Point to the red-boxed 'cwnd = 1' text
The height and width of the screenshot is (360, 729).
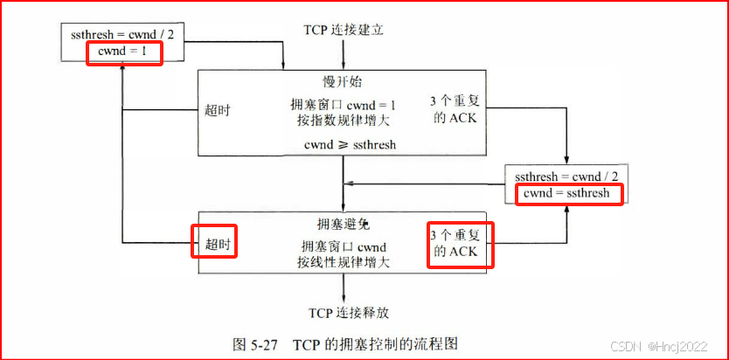124,52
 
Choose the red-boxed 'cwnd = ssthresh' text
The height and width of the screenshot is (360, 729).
568,192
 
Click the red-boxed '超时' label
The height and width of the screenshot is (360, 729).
215,244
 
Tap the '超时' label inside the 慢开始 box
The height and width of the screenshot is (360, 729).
219,109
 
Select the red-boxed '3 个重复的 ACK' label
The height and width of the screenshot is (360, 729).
460,244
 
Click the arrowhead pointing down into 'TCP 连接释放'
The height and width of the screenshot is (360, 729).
344,298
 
